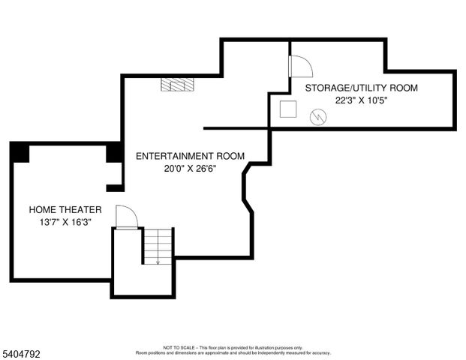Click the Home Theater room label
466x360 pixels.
tap(65, 209)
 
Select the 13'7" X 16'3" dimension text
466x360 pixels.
tap(65, 222)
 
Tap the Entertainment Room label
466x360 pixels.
tap(190, 156)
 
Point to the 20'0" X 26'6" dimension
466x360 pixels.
tap(190, 169)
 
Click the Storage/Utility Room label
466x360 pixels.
tap(361, 88)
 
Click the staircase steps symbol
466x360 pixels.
tap(158, 246)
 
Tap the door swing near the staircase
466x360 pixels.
tap(126, 217)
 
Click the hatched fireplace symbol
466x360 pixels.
tap(177, 84)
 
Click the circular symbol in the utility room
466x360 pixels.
tap(318, 117)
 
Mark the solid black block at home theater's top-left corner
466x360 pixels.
tap(20, 152)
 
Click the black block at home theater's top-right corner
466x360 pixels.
tap(115, 151)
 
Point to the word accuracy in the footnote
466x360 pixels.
tap(320, 352)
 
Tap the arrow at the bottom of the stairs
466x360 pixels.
tap(158, 262)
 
